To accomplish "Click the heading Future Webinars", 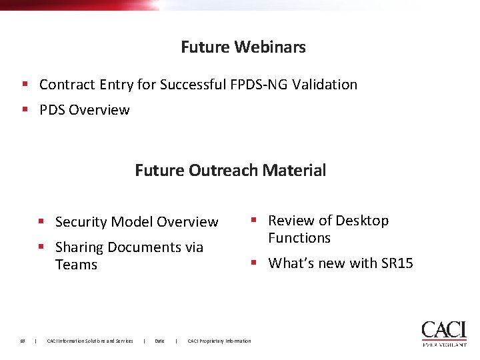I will point(243,47).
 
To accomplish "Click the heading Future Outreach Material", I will point(231,170).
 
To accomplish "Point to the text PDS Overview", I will point(85,110).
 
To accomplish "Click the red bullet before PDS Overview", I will point(25,109).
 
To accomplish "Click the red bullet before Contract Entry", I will point(25,84).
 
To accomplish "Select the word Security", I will point(81,222).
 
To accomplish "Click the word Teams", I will point(76,265).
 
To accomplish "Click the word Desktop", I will point(362,221).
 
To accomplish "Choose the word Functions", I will point(299,238).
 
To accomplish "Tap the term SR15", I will point(397,263).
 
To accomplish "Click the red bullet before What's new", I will point(254,263).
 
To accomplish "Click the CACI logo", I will point(444,333).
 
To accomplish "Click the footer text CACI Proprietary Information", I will point(219,341).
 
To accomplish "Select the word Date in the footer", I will point(159,341).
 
